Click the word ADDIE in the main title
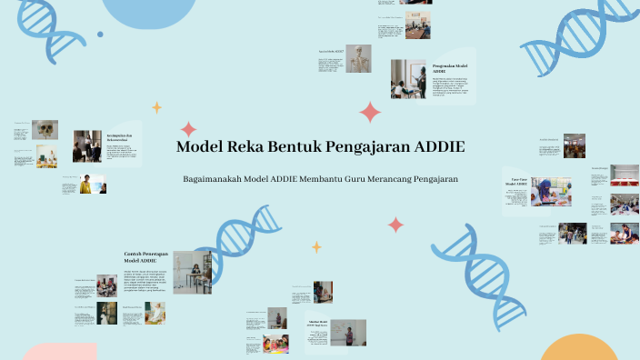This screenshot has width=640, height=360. pos(439,147)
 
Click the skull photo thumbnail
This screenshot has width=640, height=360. pos(45,130)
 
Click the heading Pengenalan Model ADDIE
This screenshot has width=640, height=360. pos(450,68)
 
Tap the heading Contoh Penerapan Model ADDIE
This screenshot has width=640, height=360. pos(145,257)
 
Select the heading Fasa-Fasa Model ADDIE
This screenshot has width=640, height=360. pos(517,183)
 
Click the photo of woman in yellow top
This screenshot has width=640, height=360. pos(86,185)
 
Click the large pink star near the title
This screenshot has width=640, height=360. pos(370,112)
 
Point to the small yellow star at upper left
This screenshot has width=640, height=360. pos(156,107)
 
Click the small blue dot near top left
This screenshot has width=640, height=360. pos(100,35)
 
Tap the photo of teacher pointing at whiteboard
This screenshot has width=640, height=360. pos(347,332)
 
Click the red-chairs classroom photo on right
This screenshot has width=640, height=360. pos(574,145)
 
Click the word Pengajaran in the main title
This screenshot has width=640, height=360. pos(360,147)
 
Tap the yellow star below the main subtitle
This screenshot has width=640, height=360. pos(316,246)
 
